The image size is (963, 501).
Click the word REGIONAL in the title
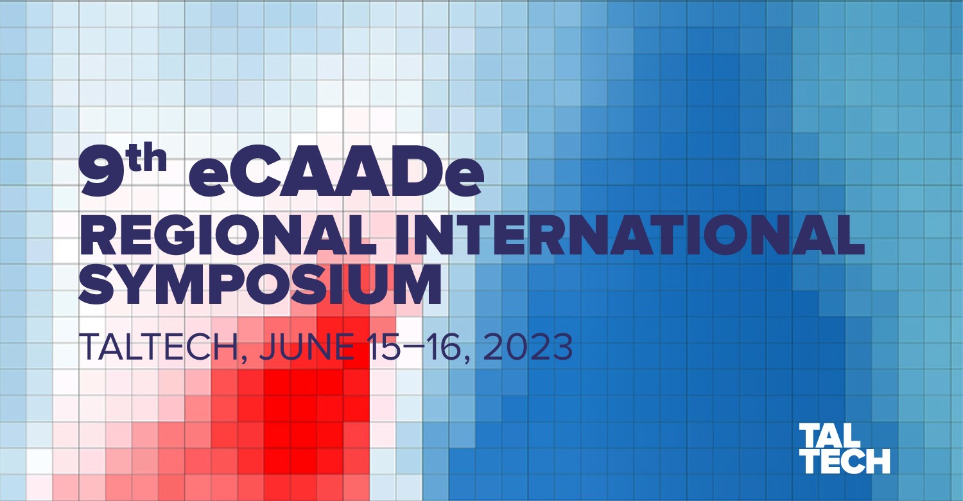pyautogui.click(x=228, y=235)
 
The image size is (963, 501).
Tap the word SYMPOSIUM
pyautogui.click(x=259, y=284)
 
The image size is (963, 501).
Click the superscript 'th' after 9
pyautogui.click(x=148, y=157)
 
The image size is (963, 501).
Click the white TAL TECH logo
pyautogui.click(x=845, y=448)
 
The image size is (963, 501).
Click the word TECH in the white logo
pyautogui.click(x=845, y=461)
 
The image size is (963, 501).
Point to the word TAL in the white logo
pyautogui.click(x=829, y=435)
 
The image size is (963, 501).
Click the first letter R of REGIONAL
pyautogui.click(x=98, y=235)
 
